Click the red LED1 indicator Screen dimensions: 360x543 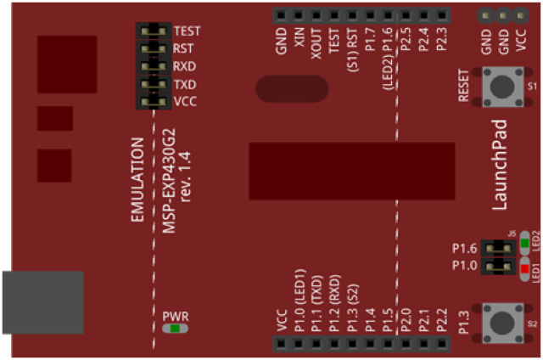524,269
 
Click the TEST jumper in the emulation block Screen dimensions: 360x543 154,31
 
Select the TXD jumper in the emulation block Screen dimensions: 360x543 154,85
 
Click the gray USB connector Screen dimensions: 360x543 42,302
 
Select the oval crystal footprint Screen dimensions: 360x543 291,92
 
